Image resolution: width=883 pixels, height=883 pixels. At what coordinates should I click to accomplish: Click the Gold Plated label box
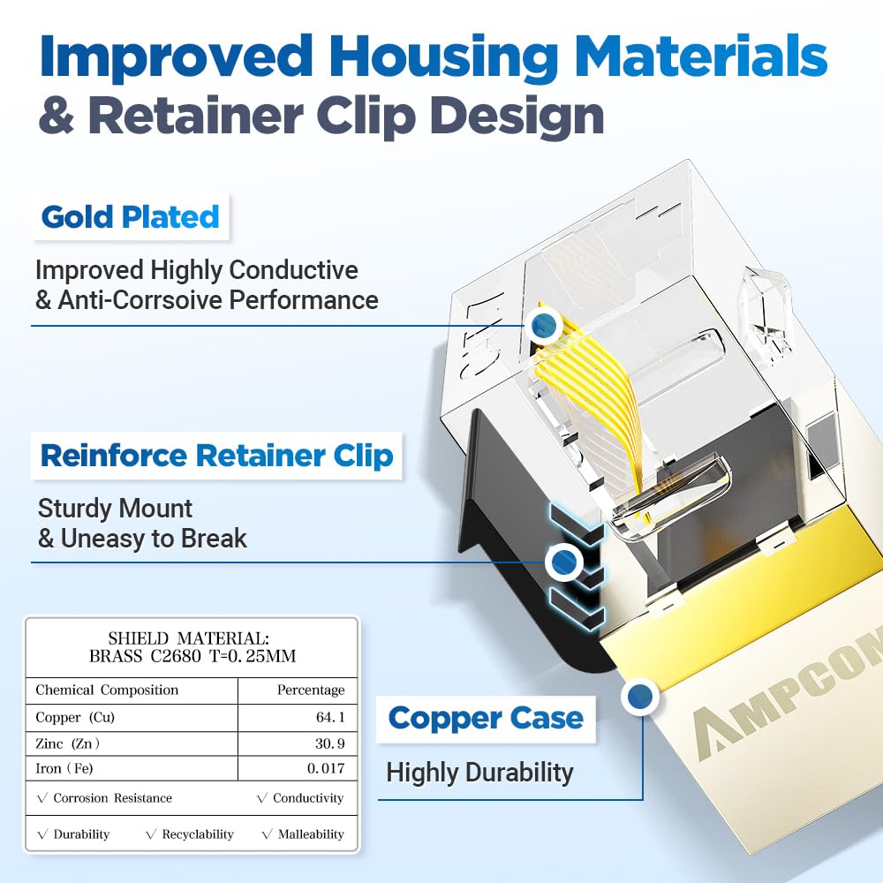130,216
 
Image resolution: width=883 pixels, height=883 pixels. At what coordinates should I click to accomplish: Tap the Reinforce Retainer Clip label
216,456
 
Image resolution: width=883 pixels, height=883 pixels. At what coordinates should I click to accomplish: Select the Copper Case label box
485,718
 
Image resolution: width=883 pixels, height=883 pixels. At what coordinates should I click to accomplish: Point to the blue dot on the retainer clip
562,560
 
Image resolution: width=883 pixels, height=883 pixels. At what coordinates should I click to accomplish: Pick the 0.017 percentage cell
325,768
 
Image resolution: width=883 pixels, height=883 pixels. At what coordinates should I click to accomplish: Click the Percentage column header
310,690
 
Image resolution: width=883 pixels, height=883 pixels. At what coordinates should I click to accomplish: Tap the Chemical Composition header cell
107,690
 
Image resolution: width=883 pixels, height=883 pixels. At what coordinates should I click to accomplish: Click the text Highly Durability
479,773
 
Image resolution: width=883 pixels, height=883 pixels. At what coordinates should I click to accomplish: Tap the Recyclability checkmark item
190,834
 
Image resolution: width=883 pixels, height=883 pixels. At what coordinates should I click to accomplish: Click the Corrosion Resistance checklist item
104,797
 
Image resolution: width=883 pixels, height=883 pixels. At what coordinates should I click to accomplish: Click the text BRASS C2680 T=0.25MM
192,656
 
